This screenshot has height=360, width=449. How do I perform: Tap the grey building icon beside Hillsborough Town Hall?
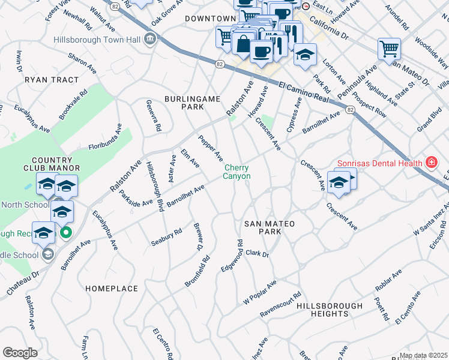[149, 40]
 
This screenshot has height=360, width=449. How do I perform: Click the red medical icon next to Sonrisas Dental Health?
[430, 162]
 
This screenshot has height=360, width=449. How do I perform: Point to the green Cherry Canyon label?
[237, 172]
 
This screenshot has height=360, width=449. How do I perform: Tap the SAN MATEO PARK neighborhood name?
[270, 227]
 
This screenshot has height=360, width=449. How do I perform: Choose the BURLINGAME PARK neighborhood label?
[193, 103]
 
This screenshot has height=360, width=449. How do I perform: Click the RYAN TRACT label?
[52, 80]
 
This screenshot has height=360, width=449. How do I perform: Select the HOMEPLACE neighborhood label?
[112, 289]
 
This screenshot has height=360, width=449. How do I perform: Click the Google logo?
[20, 353]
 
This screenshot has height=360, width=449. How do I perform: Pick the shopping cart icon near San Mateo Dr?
[389, 48]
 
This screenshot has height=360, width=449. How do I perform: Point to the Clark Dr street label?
[256, 254]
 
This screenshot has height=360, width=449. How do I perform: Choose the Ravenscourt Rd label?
[280, 305]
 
